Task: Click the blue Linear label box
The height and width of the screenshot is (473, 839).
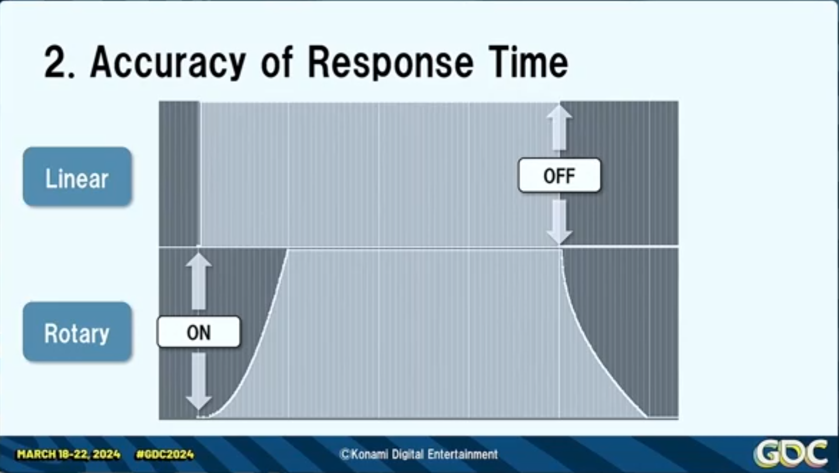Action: [x=77, y=177]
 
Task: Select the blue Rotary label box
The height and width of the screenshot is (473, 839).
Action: [x=77, y=332]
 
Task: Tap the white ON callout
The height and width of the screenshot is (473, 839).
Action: [x=199, y=332]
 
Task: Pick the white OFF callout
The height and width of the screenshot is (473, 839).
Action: [x=559, y=176]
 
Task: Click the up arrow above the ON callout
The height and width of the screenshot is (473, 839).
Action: [x=199, y=281]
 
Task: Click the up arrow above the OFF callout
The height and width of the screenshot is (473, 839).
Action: [x=559, y=128]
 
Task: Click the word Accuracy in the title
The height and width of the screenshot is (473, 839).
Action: [x=168, y=63]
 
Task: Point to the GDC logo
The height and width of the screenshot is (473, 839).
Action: [x=791, y=453]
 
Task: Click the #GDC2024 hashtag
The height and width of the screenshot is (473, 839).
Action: [x=165, y=454]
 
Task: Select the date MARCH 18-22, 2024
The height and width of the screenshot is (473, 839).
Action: [x=68, y=454]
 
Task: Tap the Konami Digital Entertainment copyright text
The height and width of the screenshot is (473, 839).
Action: [x=419, y=454]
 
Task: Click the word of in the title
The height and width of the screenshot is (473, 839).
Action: [x=277, y=62]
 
